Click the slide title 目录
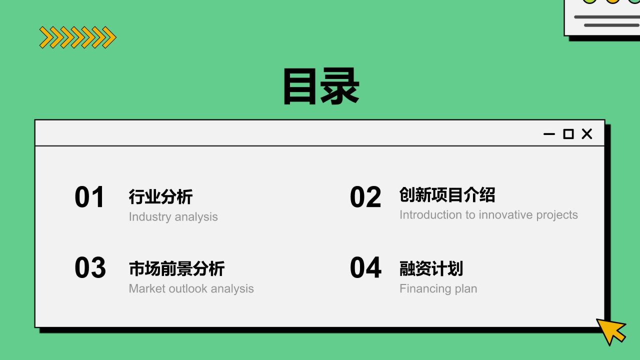point(320,86)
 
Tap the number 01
point(89,197)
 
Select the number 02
point(365,197)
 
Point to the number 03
point(90,268)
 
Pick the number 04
point(365,268)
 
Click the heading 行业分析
point(160,196)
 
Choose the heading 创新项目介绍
point(447,195)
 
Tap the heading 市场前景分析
point(176,268)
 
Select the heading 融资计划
point(431,268)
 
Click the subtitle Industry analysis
point(173,217)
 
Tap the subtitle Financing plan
point(438,289)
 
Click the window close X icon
point(587,134)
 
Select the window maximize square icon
point(568,134)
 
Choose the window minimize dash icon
point(549,134)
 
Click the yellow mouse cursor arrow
point(610,330)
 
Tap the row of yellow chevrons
point(77,37)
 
